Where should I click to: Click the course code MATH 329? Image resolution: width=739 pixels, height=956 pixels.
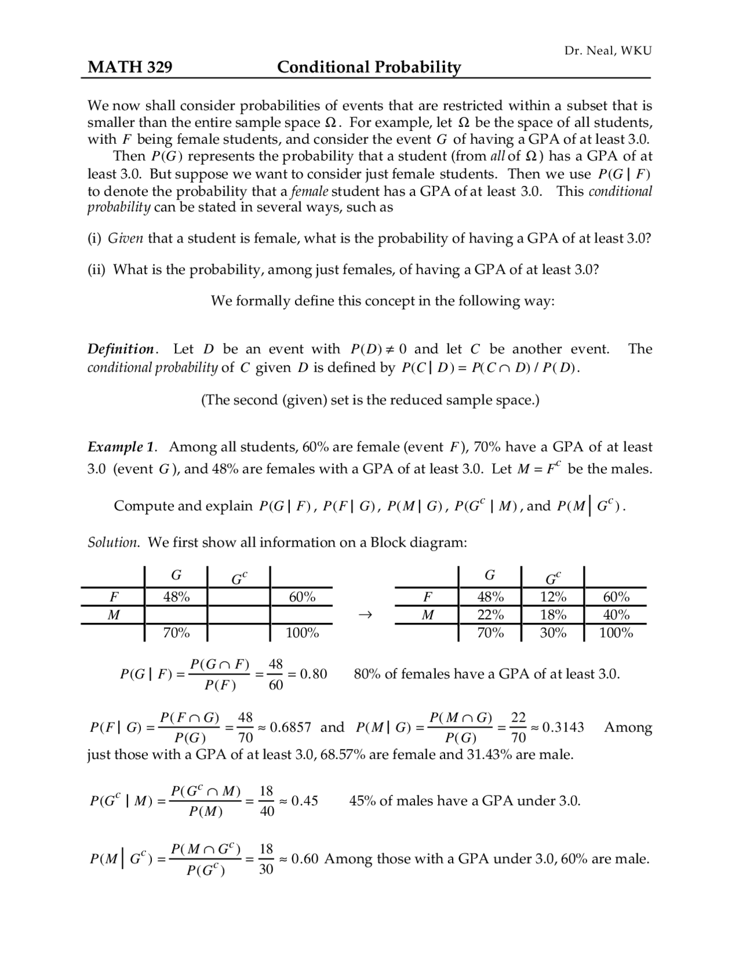point(130,68)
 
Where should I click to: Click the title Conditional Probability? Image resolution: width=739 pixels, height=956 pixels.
point(369,68)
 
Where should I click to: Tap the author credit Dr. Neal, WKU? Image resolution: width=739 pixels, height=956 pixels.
point(607,51)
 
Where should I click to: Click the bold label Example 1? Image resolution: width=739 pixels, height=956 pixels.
point(121,447)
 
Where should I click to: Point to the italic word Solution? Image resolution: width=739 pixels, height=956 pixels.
point(113,542)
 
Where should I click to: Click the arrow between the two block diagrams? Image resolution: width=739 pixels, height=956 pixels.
point(364,615)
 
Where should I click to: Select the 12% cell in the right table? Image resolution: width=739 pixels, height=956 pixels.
point(553,597)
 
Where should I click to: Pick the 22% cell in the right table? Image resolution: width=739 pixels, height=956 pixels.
point(490,615)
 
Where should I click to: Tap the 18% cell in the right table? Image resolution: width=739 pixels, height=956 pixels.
point(553,615)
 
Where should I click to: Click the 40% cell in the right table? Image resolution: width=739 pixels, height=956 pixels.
point(616,615)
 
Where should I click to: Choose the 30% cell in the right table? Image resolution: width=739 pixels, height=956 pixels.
point(553,633)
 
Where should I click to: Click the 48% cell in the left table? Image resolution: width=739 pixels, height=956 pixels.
point(176,597)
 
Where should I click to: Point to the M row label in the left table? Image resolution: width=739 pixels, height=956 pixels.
point(114,615)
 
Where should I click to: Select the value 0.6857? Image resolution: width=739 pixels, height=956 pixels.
point(290,727)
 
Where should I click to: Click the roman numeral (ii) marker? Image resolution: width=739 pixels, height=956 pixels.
point(96,270)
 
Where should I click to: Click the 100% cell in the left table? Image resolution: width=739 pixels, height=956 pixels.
point(302,633)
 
